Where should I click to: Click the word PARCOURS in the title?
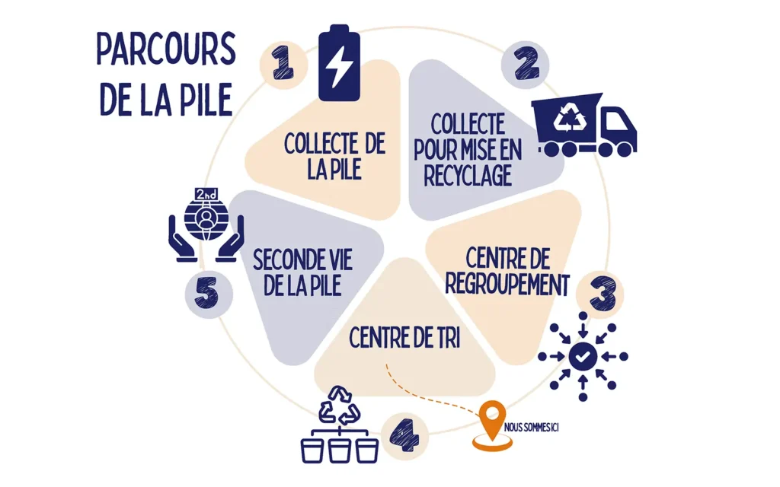click(x=166, y=49)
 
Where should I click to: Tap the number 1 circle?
click(x=283, y=65)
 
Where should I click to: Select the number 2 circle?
click(x=526, y=65)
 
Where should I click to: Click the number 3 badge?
click(x=600, y=294)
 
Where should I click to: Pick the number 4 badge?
click(x=404, y=436)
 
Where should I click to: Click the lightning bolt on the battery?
click(x=339, y=68)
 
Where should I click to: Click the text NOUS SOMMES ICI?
click(x=531, y=428)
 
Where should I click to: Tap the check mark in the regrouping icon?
click(x=583, y=356)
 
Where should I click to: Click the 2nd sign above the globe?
click(x=206, y=194)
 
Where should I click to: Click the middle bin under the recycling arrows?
click(x=340, y=450)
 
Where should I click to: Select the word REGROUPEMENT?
click(x=507, y=285)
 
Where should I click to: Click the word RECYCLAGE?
click(x=468, y=176)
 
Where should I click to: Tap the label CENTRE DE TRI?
click(x=404, y=338)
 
